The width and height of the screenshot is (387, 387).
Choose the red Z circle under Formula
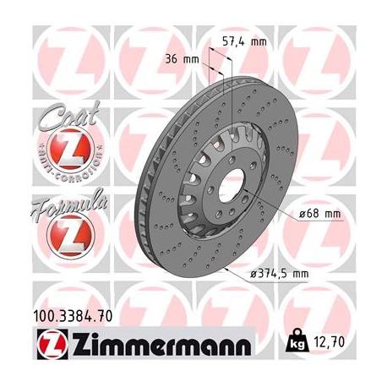pos(57,240)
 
